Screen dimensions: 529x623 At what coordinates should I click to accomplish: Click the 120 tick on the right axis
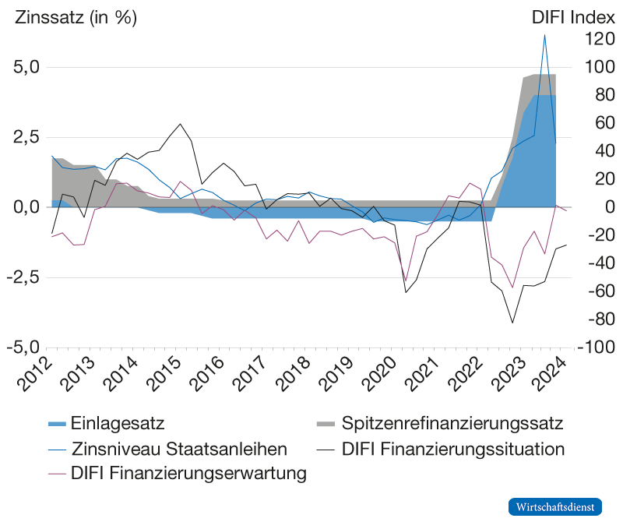click(588, 40)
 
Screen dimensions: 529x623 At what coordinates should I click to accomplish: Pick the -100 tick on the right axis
click(590, 347)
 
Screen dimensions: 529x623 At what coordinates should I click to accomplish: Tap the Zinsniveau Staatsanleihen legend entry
click(168, 450)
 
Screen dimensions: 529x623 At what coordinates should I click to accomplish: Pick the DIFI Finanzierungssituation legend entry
click(452, 450)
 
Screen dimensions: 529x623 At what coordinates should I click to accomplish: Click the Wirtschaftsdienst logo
click(556, 506)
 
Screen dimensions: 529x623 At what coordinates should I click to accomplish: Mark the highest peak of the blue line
click(544, 35)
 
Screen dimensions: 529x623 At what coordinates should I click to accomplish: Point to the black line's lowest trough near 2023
click(512, 322)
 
